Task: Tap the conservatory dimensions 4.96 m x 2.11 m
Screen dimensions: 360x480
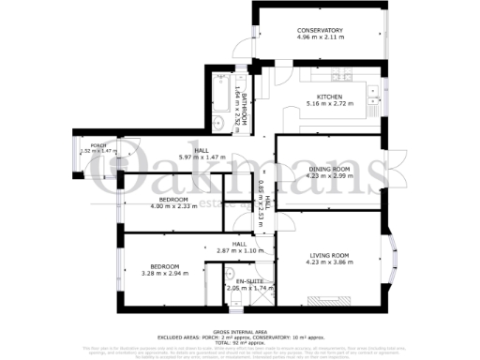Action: point(320,38)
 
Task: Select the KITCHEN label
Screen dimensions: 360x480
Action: point(329,97)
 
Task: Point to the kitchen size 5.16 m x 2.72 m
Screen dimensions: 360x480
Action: point(329,104)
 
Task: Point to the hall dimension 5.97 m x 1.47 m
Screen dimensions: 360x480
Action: point(201,157)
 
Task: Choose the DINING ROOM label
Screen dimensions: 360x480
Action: point(328,168)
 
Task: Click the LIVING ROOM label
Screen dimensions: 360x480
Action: point(329,255)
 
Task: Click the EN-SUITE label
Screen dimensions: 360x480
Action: point(248,281)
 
